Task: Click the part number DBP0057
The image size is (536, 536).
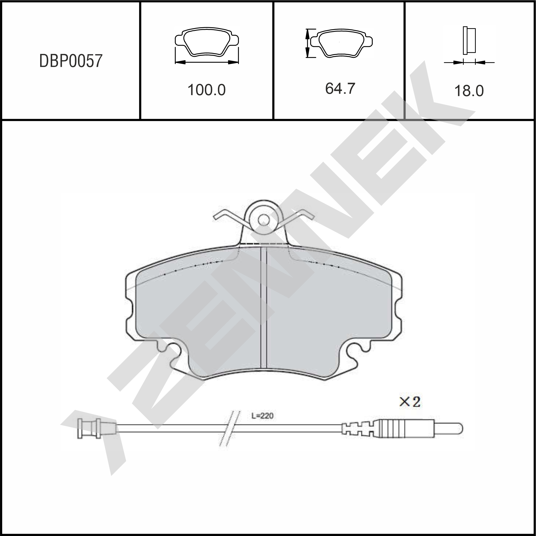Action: click(x=71, y=61)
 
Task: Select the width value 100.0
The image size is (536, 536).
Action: click(x=207, y=90)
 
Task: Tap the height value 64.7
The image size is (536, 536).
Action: click(x=340, y=89)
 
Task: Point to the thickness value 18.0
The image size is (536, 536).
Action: click(x=469, y=91)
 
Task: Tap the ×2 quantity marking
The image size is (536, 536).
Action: click(x=410, y=402)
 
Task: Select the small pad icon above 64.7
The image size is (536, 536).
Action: click(x=341, y=43)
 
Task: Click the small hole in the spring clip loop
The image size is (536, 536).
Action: click(x=264, y=220)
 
